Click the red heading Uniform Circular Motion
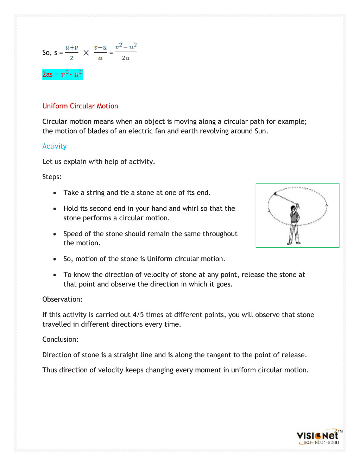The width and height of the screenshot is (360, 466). point(80,106)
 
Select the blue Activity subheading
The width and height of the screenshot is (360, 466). point(55,146)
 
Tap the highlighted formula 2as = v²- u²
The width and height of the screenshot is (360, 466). point(63,74)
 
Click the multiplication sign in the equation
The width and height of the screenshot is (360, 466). point(86,53)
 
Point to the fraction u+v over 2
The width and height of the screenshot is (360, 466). point(71,52)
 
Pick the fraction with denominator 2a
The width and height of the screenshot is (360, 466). point(126,52)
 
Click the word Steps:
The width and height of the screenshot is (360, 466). point(52,177)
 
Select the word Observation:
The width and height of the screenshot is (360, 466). point(62,299)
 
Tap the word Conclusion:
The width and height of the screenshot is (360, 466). point(60,339)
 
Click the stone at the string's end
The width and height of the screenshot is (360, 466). point(274,193)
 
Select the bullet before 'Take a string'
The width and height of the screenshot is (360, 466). point(55,193)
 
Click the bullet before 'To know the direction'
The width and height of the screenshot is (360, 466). point(55,275)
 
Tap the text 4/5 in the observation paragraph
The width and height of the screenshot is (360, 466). point(138,315)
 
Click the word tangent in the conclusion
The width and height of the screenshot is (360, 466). point(219,355)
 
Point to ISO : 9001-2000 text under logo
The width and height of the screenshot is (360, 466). point(321,443)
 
